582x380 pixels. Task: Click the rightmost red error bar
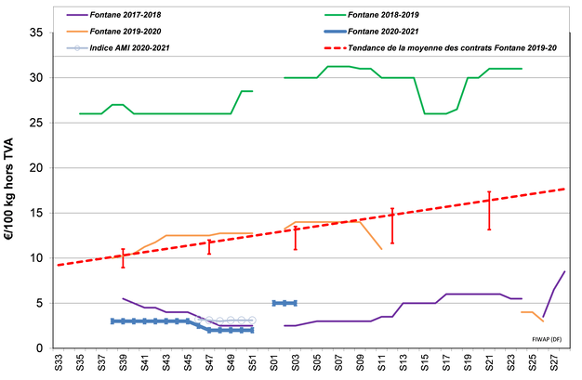(x=489, y=210)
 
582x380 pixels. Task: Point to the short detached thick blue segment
(x=284, y=303)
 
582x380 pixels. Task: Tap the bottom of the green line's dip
(x=437, y=113)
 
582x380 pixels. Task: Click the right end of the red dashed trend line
(x=564, y=189)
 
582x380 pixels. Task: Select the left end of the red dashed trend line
(x=58, y=266)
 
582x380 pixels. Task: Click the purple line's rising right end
(x=564, y=271)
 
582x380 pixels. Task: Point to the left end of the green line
(x=81, y=113)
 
